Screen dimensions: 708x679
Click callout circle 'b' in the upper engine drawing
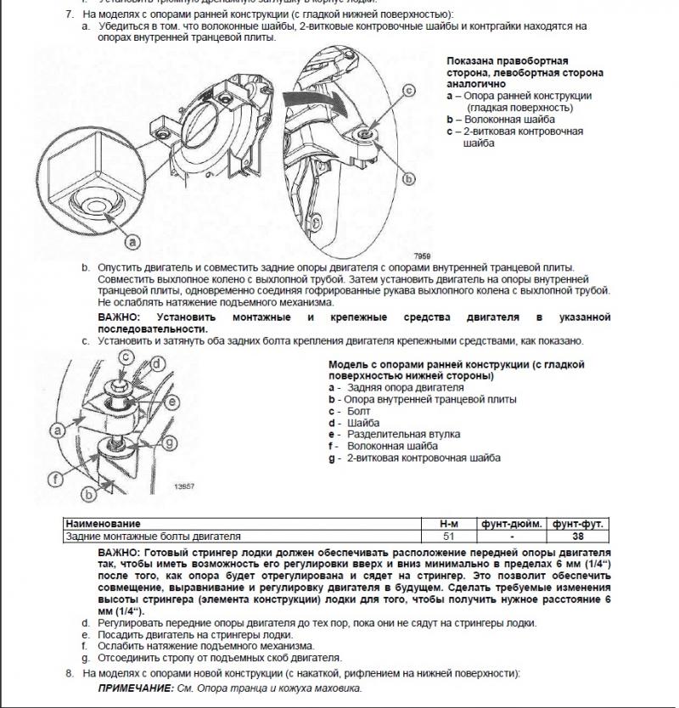pyautogui.click(x=407, y=179)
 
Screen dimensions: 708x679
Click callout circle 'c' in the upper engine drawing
pyautogui.click(x=407, y=90)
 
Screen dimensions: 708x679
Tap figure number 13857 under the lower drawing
pyautogui.click(x=184, y=487)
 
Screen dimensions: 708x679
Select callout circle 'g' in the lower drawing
pyautogui.click(x=170, y=441)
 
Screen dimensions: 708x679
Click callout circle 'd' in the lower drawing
pyautogui.click(x=155, y=368)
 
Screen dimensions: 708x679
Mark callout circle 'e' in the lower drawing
pyautogui.click(x=171, y=401)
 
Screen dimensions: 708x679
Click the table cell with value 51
pyautogui.click(x=450, y=537)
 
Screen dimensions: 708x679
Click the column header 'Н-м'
pyautogui.click(x=450, y=525)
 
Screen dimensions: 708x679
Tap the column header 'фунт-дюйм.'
pyautogui.click(x=512, y=525)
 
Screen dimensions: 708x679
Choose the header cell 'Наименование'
pyautogui.click(x=103, y=525)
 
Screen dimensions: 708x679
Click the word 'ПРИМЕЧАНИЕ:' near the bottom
pyautogui.click(x=132, y=688)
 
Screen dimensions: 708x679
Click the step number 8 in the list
pyautogui.click(x=70, y=673)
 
